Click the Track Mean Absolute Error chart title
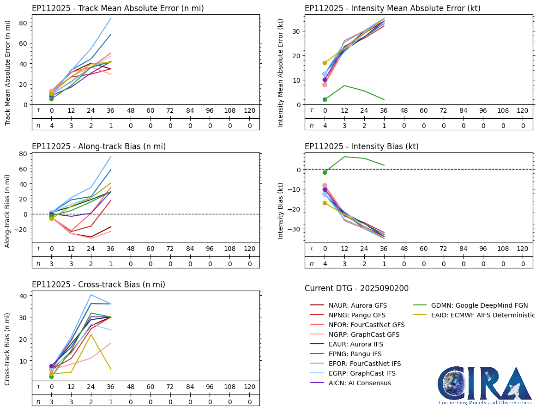point(118,8)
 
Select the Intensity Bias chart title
point(361,146)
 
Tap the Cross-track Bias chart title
point(98,285)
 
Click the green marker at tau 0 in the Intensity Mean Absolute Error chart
point(325,99)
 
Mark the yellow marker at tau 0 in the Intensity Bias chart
point(325,203)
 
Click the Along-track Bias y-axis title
point(8,211)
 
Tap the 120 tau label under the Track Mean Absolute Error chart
point(249,111)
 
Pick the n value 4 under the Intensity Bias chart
point(325,264)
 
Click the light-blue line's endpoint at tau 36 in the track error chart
point(111,18)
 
